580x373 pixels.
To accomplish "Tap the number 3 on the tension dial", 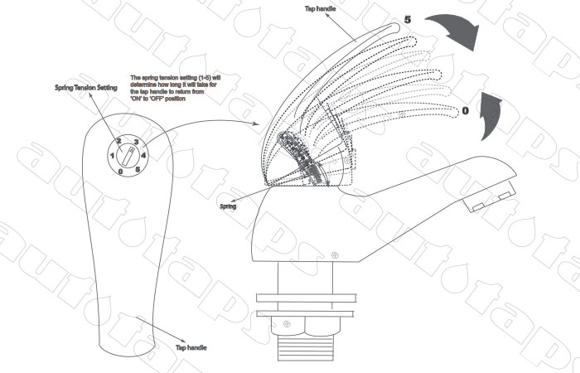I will click(x=134, y=141).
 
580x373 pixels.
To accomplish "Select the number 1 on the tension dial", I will click(x=112, y=155).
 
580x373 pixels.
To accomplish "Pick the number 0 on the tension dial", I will click(x=121, y=171).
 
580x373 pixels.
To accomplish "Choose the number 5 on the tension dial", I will click(x=137, y=170).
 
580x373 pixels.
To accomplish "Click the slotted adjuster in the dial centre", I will click(x=128, y=156).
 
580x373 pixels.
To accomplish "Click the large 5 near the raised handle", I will click(x=408, y=18).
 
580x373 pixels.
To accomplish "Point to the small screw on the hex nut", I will click(x=287, y=323).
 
